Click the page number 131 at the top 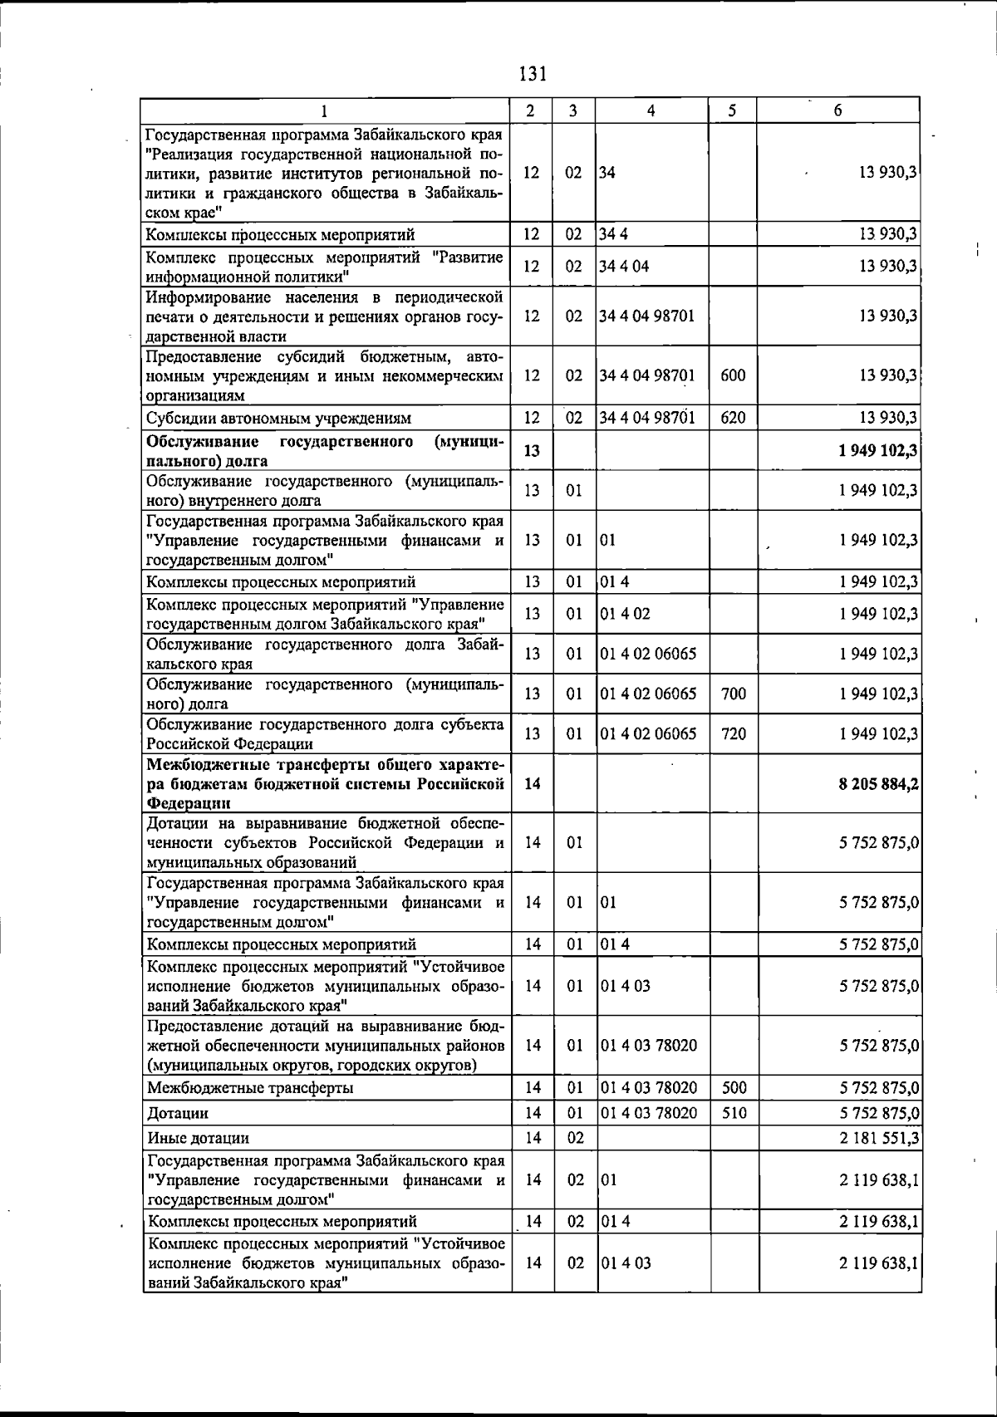point(533,74)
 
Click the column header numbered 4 point(651,110)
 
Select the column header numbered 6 point(837,110)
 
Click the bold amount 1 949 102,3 point(878,451)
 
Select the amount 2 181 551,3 point(878,1137)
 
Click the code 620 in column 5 point(733,417)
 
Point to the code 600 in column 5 point(733,375)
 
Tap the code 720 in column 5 point(733,734)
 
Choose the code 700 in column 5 point(733,694)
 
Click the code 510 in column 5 point(733,1112)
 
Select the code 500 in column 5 point(733,1087)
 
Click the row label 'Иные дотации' point(199,1138)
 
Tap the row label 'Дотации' point(178,1113)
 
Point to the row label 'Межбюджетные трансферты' point(250,1088)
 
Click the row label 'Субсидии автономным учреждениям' point(279,418)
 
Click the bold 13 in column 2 point(533,451)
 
